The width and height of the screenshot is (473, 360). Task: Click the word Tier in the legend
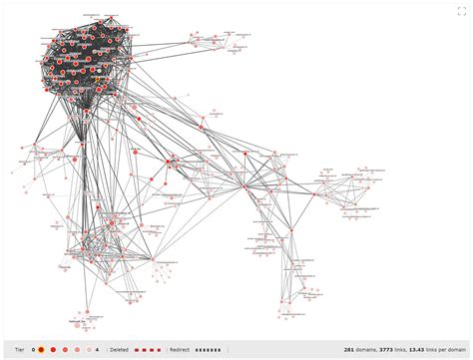(x=20, y=350)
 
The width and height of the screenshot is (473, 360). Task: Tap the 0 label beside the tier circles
(x=32, y=350)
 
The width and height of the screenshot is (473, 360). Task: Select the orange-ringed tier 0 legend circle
(x=41, y=350)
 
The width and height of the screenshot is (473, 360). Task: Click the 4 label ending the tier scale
(x=97, y=350)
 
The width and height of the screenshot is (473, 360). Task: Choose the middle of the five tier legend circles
(x=66, y=350)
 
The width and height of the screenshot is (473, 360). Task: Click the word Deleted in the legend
(x=119, y=350)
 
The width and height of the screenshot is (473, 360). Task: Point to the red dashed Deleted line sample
(x=148, y=350)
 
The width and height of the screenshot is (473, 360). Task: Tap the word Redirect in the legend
(x=180, y=350)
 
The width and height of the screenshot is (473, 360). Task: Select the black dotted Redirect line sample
(x=209, y=350)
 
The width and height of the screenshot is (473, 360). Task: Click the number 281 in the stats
(x=349, y=350)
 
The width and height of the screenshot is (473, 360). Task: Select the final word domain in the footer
(x=456, y=350)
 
